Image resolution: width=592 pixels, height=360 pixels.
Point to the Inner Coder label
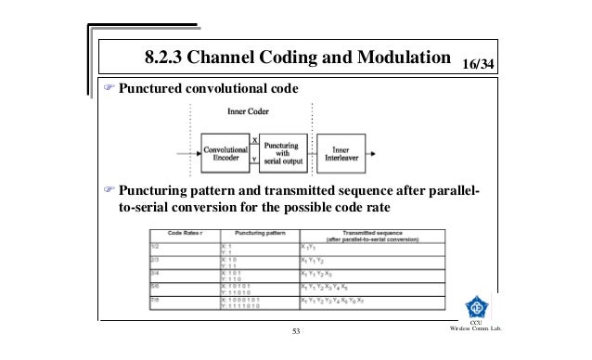coord(251,111)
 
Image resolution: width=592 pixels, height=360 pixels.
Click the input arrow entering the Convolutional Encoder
coord(190,151)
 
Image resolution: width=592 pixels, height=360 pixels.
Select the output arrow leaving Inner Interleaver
coord(380,151)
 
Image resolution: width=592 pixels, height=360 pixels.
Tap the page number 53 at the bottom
coord(297,332)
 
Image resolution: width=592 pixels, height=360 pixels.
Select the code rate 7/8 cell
coord(160,300)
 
